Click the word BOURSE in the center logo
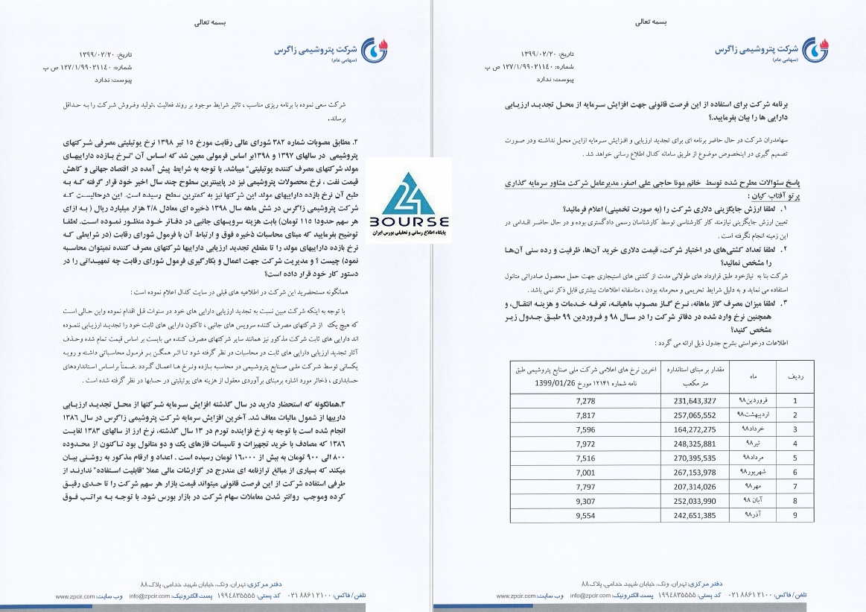[408, 222]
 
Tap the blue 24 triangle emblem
[408, 194]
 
